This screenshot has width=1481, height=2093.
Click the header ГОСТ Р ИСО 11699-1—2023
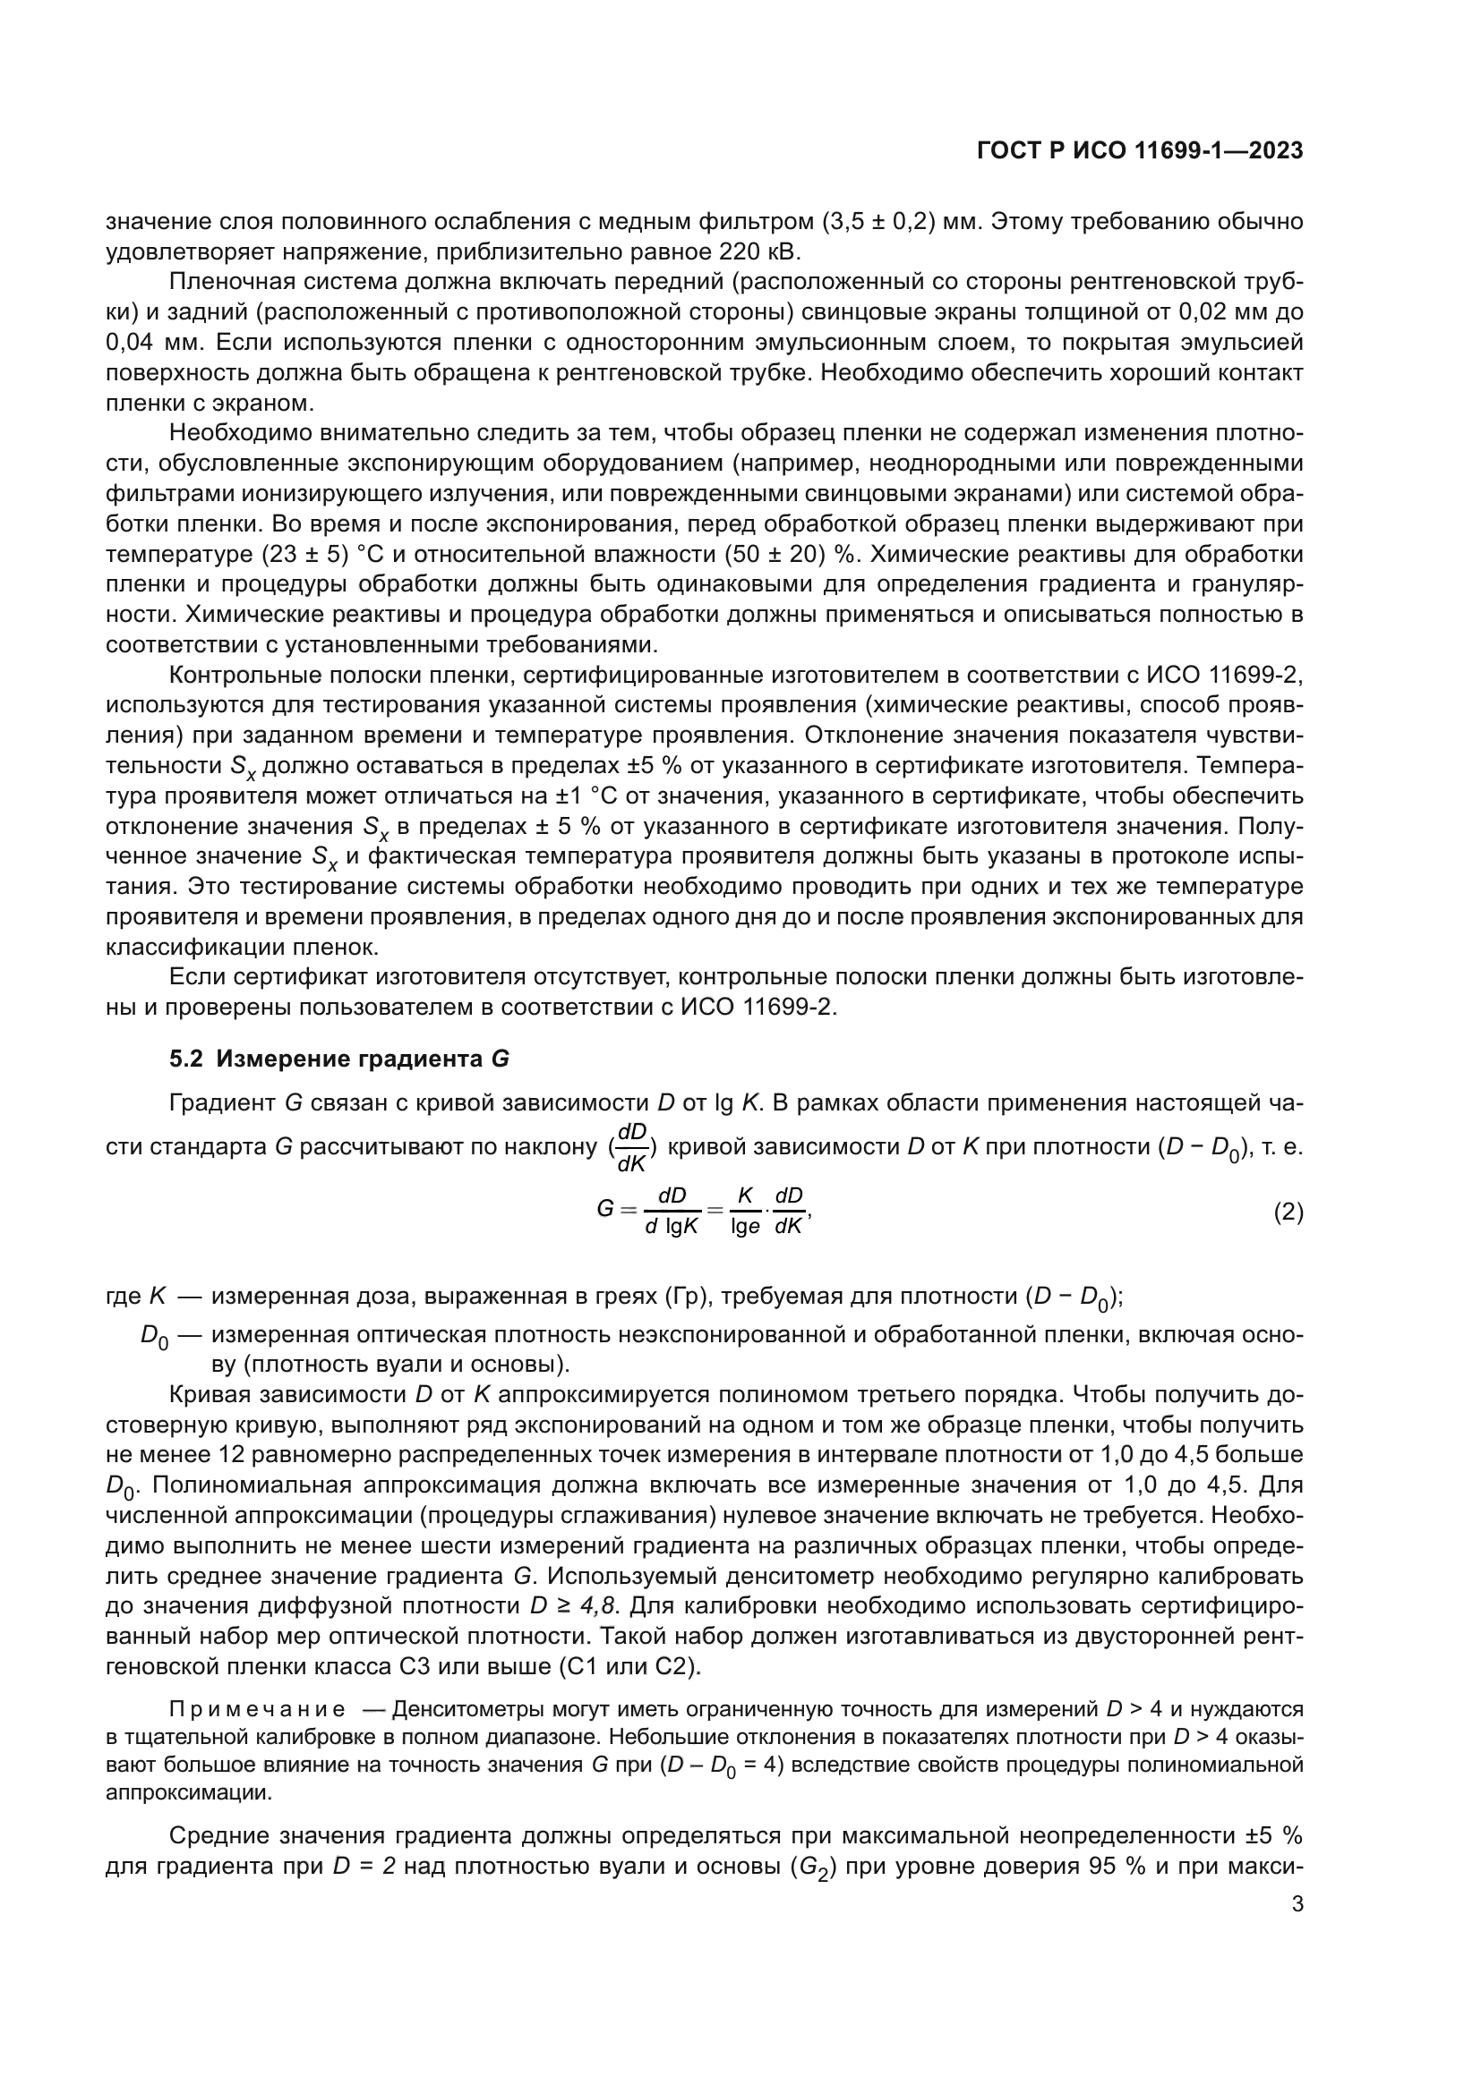tap(1139, 150)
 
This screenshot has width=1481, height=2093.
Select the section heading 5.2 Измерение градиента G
tap(339, 1059)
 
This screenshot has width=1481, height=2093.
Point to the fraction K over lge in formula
tap(745, 1212)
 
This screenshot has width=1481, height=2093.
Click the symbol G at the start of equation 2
tap(604, 1211)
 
